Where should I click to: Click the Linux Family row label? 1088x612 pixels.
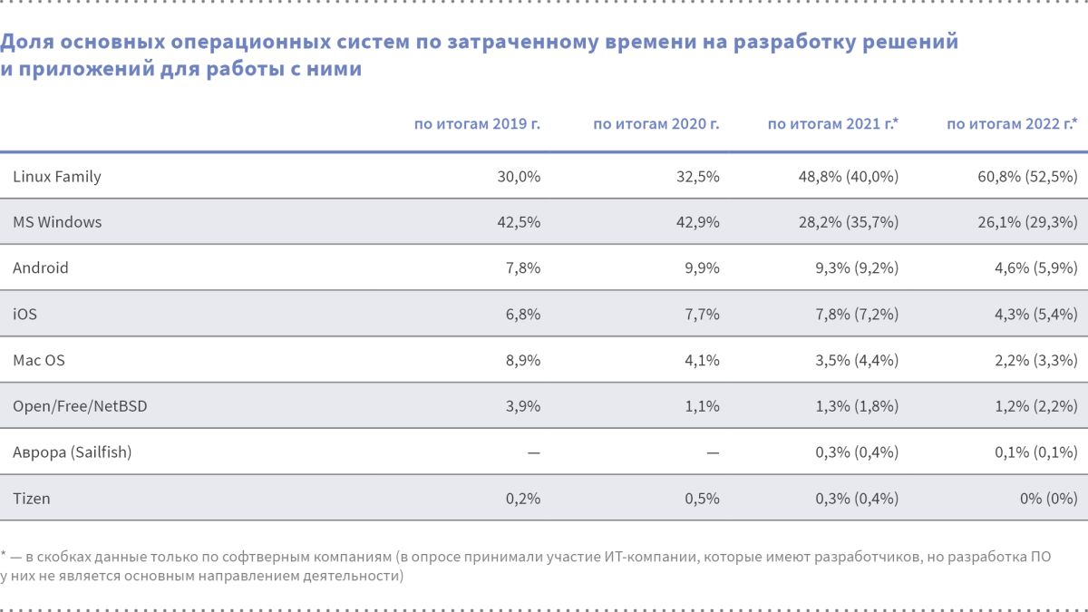pos(57,177)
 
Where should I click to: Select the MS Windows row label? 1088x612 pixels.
pos(57,222)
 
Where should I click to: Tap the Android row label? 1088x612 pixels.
pos(41,268)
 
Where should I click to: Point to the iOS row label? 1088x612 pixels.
pos(24,315)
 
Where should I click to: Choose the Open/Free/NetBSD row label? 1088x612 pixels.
pos(80,406)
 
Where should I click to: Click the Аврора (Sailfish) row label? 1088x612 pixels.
pos(73,452)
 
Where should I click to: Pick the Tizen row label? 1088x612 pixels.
pos(32,498)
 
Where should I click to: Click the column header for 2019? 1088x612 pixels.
pos(477,124)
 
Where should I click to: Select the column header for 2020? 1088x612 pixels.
pos(656,124)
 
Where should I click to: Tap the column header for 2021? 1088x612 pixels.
pos(833,124)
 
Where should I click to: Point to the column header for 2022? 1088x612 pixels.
pos(1012,124)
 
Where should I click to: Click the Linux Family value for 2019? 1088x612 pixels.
pos(519,177)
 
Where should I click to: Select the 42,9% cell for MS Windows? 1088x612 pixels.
pos(698,222)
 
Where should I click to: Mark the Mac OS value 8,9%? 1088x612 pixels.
pos(521,360)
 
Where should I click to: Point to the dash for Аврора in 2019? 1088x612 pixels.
pos(533,452)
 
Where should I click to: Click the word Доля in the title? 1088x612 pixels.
pos(27,42)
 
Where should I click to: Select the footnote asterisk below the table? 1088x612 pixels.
pos(4,554)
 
